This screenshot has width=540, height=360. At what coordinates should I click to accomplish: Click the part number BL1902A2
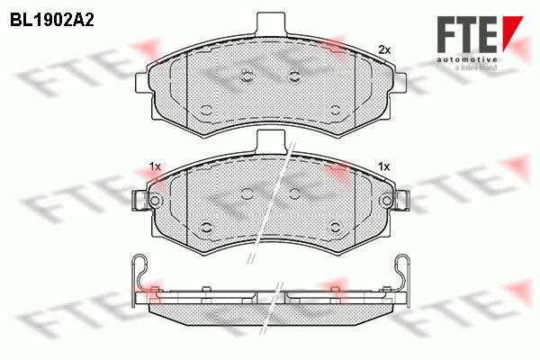[x=52, y=21]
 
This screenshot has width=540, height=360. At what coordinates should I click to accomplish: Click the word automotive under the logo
[x=466, y=59]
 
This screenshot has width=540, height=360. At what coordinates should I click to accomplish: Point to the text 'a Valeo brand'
[x=475, y=67]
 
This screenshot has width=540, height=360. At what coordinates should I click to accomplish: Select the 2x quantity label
[x=384, y=50]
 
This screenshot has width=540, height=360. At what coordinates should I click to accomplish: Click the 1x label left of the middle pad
[x=156, y=167]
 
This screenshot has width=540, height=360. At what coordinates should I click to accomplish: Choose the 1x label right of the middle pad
[x=383, y=167]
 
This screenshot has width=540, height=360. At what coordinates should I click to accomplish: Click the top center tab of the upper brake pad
[x=271, y=23]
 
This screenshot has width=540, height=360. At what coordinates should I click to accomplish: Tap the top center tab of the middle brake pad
[x=271, y=140]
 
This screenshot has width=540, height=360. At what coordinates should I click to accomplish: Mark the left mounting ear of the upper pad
[x=142, y=83]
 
